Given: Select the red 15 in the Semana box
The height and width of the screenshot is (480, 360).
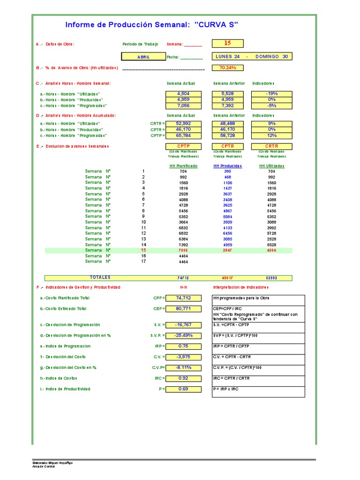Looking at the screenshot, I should [227, 44].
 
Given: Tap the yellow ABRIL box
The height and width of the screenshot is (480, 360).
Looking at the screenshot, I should [143, 57].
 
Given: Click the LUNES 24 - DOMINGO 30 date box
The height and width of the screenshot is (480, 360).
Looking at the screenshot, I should [252, 57].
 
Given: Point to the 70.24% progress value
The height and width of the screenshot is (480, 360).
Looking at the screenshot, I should [227, 68].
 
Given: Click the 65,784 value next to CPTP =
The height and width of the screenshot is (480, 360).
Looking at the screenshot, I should [183, 135].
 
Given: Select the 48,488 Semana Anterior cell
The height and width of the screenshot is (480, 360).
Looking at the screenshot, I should [227, 123].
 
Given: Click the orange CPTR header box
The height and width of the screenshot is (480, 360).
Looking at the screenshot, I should [227, 146].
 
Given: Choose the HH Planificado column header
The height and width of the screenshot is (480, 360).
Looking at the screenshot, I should [183, 166].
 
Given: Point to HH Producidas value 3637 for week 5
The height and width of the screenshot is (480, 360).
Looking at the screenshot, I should [227, 194].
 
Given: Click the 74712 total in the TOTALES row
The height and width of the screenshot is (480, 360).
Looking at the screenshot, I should [183, 278].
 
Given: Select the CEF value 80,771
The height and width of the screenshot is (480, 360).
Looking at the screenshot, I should [183, 309].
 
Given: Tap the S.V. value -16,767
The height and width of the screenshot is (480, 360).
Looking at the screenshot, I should [183, 325].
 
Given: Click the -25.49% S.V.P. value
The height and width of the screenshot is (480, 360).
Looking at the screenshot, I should [183, 336].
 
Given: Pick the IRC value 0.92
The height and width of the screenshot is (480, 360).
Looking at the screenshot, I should [183, 378].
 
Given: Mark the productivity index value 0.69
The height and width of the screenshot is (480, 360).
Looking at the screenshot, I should [183, 389].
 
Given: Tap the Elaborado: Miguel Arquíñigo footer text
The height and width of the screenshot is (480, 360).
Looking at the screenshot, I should [52, 463].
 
